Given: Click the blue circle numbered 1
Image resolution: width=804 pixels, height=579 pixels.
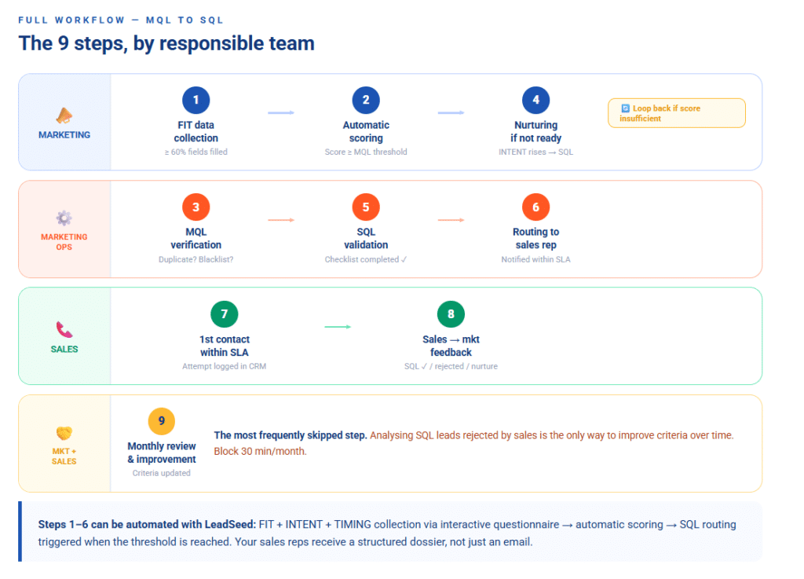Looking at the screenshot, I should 196,100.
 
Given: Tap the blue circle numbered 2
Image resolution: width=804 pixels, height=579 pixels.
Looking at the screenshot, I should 366,100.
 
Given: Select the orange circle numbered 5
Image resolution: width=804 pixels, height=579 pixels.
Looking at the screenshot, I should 366,207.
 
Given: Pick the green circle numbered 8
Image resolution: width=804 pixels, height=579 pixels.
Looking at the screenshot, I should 451,314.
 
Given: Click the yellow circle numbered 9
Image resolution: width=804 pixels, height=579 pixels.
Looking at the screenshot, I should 162,421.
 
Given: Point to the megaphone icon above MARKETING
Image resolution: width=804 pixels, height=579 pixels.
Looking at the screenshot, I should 64,116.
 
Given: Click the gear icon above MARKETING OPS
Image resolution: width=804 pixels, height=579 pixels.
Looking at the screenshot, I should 64,218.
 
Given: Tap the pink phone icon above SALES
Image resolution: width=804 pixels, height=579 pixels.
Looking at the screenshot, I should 64,330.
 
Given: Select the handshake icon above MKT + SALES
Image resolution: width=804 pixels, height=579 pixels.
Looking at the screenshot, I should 64,433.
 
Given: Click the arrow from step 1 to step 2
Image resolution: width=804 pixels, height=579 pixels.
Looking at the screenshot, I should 281,113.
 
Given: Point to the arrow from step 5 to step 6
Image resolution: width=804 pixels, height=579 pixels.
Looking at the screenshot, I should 451,220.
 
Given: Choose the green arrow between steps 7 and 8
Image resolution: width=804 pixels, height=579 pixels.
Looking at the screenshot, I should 338,328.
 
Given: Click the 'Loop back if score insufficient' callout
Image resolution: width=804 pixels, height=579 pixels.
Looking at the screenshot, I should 676,113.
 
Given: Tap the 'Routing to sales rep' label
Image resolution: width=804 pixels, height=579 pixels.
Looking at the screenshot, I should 536,238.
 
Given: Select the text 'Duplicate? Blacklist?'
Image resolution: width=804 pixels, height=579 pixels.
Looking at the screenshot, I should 196,259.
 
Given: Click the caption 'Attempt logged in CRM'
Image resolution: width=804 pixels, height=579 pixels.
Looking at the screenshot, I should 225,366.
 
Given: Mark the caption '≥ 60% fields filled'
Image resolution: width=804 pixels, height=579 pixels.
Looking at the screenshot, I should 196,152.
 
